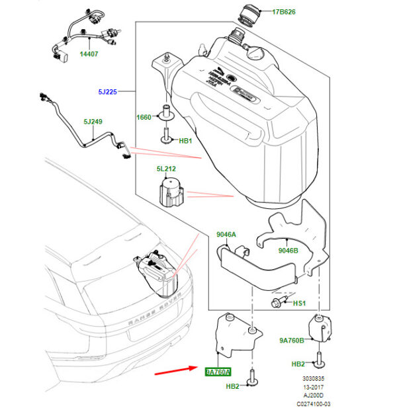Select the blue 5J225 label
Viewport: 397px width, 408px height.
106,93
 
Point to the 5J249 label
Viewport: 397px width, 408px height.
94,122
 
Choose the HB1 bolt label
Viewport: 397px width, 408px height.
185,141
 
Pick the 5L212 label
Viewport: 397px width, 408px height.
166,169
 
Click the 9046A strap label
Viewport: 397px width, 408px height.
227,234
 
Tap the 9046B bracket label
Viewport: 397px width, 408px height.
288,251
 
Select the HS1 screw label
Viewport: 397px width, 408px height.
299,303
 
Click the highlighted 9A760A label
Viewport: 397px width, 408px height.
218,372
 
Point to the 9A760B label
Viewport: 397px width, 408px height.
291,341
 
